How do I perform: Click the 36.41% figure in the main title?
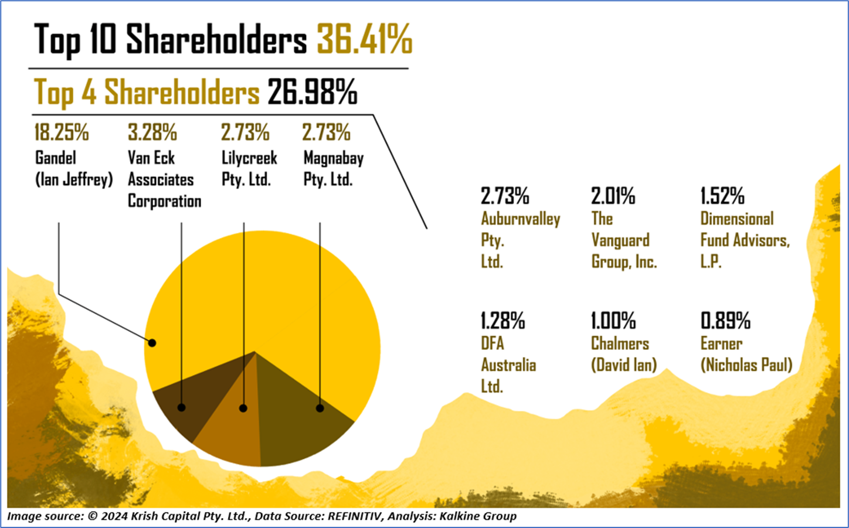[x=364, y=40]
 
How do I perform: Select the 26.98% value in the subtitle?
[x=312, y=93]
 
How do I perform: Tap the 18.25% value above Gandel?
[x=61, y=133]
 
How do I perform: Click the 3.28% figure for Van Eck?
[x=152, y=133]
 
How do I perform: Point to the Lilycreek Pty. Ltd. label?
[x=249, y=168]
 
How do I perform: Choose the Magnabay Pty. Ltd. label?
[x=333, y=168]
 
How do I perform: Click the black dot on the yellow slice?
[x=152, y=343]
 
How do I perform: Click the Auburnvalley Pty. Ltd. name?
[x=520, y=240]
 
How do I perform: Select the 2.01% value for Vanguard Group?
[x=613, y=196]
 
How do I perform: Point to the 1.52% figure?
[x=722, y=196]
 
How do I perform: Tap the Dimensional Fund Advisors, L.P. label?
[x=745, y=240]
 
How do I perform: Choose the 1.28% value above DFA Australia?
[x=502, y=321]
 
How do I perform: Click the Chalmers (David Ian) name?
[x=623, y=354]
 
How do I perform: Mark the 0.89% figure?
[x=725, y=321]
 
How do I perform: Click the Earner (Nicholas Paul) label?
[x=746, y=354]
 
